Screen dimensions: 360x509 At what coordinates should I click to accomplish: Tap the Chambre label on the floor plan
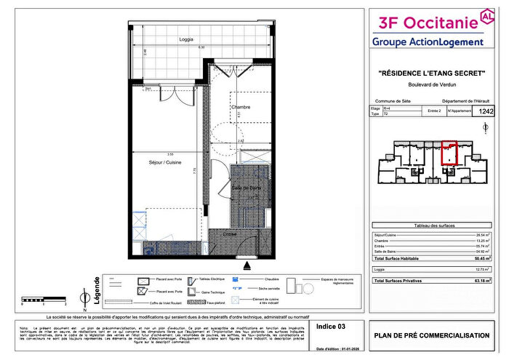pyautogui.click(x=241, y=108)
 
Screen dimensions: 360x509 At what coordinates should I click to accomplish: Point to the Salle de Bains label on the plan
pyautogui.click(x=247, y=188)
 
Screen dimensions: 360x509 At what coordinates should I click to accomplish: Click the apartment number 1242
pyautogui.click(x=486, y=111)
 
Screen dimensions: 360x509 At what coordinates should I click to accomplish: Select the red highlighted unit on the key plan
pyautogui.click(x=449, y=153)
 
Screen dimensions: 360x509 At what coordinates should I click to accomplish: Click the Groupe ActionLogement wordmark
pyautogui.click(x=427, y=42)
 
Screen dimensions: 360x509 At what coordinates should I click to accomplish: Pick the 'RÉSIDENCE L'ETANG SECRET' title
pyautogui.click(x=432, y=73)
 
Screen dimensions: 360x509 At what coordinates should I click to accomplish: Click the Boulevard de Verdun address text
pyautogui.click(x=432, y=85)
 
